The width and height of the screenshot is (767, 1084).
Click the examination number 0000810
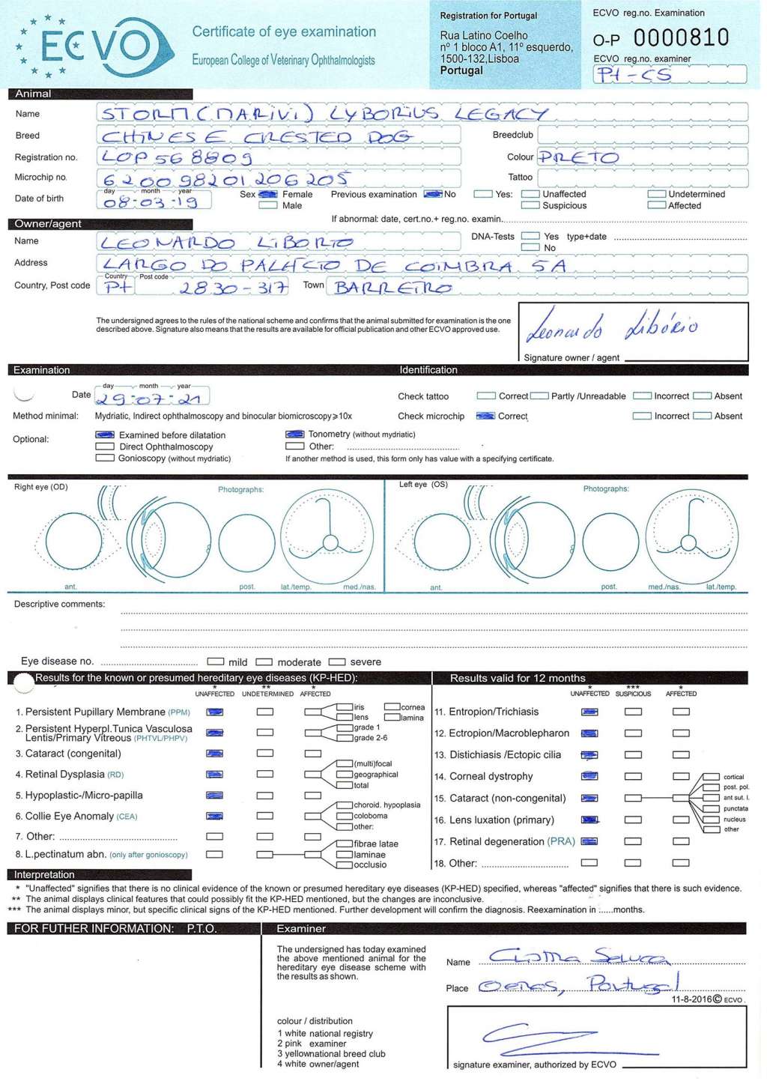pos(680,37)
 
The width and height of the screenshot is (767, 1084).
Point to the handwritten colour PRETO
pos(578,157)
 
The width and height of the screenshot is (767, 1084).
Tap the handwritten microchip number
pos(225,179)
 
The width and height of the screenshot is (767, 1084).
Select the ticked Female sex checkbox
pos(267,195)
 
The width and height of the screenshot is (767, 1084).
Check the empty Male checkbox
pos(267,205)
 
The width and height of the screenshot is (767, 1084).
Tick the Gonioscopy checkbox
pos(105,458)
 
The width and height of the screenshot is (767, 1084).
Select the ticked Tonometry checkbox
pos(294,434)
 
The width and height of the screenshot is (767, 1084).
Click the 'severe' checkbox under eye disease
pos(337,662)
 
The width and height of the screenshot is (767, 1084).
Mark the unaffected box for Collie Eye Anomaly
pos(215,817)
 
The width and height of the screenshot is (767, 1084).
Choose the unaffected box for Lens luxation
pos(589,820)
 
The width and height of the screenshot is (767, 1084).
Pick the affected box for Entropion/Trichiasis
pos(681,712)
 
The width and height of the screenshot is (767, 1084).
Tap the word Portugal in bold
pos(461,70)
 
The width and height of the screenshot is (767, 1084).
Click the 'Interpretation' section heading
pos(44,875)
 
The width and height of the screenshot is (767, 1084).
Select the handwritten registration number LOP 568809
pos(177,157)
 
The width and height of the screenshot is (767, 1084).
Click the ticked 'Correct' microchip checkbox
pos(485,417)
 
